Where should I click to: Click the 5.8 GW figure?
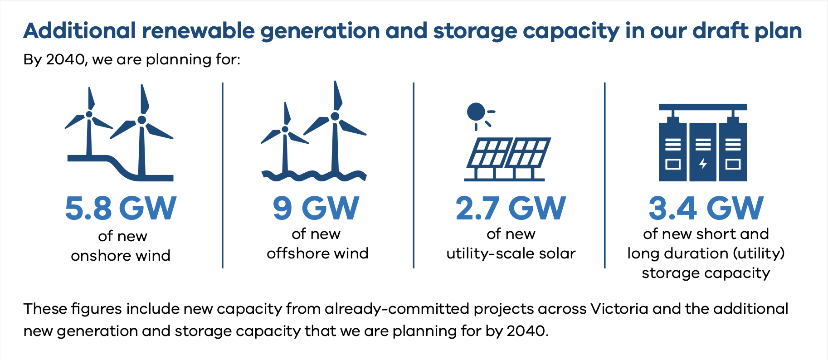pyautogui.click(x=121, y=209)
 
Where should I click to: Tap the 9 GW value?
pyautogui.click(x=316, y=209)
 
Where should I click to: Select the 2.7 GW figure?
pyautogui.click(x=511, y=209)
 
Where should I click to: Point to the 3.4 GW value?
pyautogui.click(x=706, y=209)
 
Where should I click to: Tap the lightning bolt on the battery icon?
pyautogui.click(x=703, y=163)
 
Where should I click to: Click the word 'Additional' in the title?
pyautogui.click(x=80, y=31)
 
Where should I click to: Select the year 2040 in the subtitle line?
pyautogui.click(x=65, y=59)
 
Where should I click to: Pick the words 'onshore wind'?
pyautogui.click(x=121, y=256)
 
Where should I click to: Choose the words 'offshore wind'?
pyautogui.click(x=317, y=253)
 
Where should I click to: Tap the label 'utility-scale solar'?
pyautogui.click(x=511, y=253)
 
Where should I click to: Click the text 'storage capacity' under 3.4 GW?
pyautogui.click(x=706, y=273)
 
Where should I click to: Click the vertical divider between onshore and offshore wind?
pyautogui.click(x=223, y=175)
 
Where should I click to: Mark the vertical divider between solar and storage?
pyautogui.click(x=605, y=175)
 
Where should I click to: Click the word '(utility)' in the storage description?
pyautogui.click(x=759, y=253)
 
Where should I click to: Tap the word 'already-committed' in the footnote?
pyautogui.click(x=397, y=309)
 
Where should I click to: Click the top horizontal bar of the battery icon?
pyautogui.click(x=703, y=107)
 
